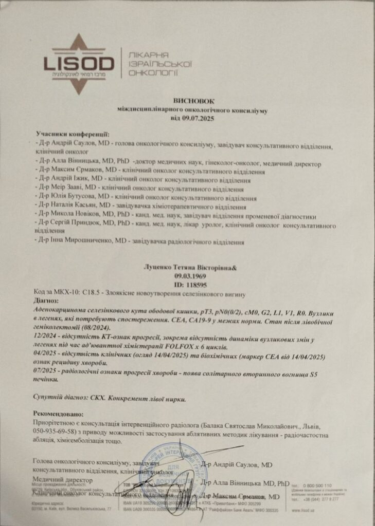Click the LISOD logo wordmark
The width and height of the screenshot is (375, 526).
click(x=78, y=64)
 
